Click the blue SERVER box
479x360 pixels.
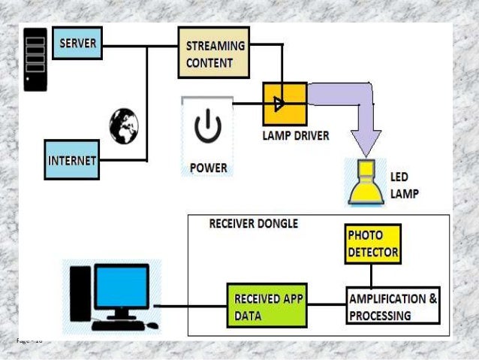click(x=78, y=44)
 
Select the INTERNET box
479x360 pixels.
click(x=72, y=159)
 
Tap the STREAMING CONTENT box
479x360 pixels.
click(x=213, y=53)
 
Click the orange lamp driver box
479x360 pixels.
click(x=284, y=104)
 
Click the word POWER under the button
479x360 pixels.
click(x=208, y=167)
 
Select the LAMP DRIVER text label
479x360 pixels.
click(x=295, y=137)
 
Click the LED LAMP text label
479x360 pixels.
click(x=403, y=186)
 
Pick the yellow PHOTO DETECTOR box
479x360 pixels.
click(x=373, y=243)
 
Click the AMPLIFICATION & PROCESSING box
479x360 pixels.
click(x=393, y=306)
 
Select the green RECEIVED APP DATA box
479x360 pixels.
click(x=267, y=306)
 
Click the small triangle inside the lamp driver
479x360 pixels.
click(x=279, y=104)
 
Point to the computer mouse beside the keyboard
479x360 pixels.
click(x=152, y=326)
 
